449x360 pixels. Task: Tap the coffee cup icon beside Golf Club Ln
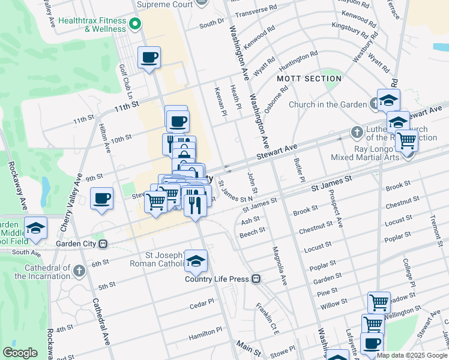[x=149, y=58]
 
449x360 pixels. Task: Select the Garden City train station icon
[x=103, y=244]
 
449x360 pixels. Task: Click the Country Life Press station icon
[x=256, y=278]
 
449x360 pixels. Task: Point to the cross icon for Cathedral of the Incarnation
[x=79, y=271]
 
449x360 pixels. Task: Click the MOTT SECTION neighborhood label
[x=309, y=79]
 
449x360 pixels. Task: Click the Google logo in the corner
[x=20, y=353]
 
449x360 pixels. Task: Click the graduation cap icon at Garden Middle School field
[x=35, y=229]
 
